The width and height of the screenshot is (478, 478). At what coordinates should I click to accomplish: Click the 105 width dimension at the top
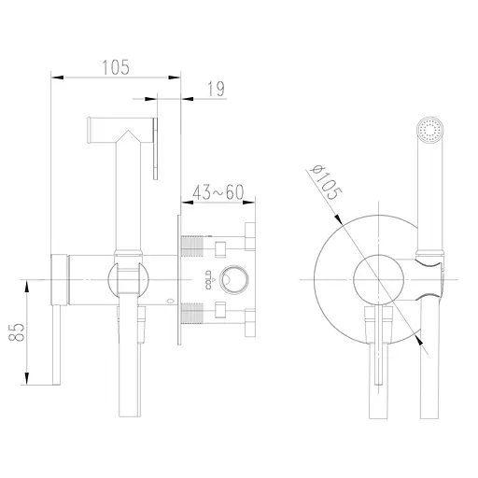click(x=114, y=66)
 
